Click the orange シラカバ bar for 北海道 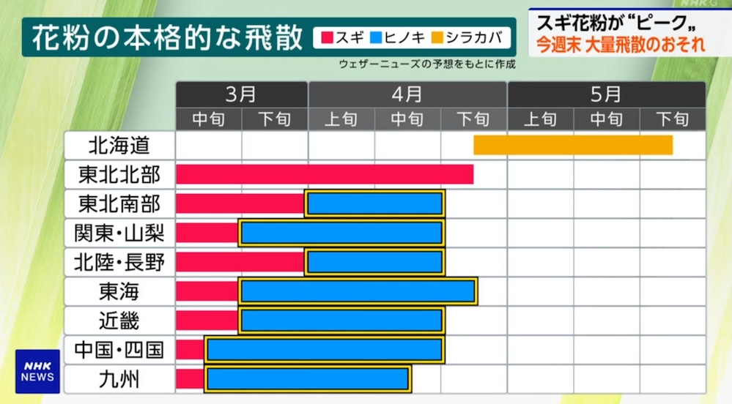pyautogui.click(x=573, y=145)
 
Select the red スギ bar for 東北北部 pyautogui.click(x=325, y=174)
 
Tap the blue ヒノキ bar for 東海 pyautogui.click(x=358, y=291)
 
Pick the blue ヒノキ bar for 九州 pyautogui.click(x=308, y=378)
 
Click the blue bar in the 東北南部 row pyautogui.click(x=375, y=203)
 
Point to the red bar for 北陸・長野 pyautogui.click(x=240, y=262)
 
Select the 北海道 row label pyautogui.click(x=119, y=145)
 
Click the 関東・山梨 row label pyautogui.click(x=119, y=233)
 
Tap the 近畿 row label pyautogui.click(x=119, y=321)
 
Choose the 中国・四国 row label pyautogui.click(x=119, y=350)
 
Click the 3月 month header pyautogui.click(x=241, y=94)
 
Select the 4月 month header pyautogui.click(x=407, y=94)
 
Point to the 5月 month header pyautogui.click(x=606, y=94)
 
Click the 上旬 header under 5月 pyautogui.click(x=540, y=119)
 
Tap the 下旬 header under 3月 pyautogui.click(x=275, y=119)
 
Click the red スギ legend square pyautogui.click(x=325, y=37)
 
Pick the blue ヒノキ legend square pyautogui.click(x=378, y=37)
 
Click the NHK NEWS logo pyautogui.click(x=37, y=371)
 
